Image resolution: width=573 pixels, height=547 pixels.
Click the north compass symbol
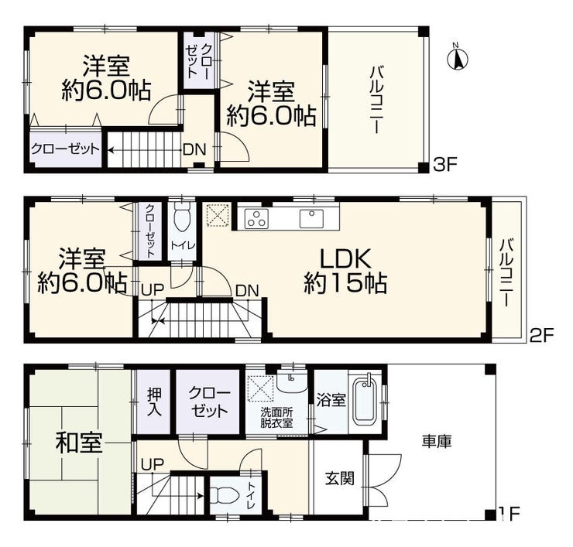pos(458,58)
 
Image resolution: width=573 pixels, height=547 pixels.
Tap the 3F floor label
pos(445,165)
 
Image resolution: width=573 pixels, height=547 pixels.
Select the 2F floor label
pos(542,335)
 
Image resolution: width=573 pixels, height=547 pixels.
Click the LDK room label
pos(345,259)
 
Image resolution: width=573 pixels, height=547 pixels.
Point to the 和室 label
pos(78,442)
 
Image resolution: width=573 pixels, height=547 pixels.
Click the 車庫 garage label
pos(437,441)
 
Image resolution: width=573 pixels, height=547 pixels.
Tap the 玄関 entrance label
pos(340,478)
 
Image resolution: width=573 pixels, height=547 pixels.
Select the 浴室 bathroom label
pos(331,400)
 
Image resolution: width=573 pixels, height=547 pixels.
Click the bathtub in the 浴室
pos(364,401)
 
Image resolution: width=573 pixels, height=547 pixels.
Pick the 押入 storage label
pos(154,402)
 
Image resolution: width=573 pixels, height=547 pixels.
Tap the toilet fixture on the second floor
pos(182,216)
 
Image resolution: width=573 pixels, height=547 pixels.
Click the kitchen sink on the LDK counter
pos(312,218)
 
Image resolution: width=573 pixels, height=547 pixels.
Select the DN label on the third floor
pos(194,149)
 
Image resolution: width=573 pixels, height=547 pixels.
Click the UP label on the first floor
pos(152,464)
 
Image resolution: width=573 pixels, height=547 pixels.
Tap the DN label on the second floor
pos(247,291)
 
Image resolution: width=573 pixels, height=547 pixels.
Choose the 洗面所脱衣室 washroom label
pos(276,418)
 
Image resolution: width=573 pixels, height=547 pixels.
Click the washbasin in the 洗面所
pos(292,382)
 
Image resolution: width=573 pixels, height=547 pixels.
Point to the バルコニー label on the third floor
pos(376,100)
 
